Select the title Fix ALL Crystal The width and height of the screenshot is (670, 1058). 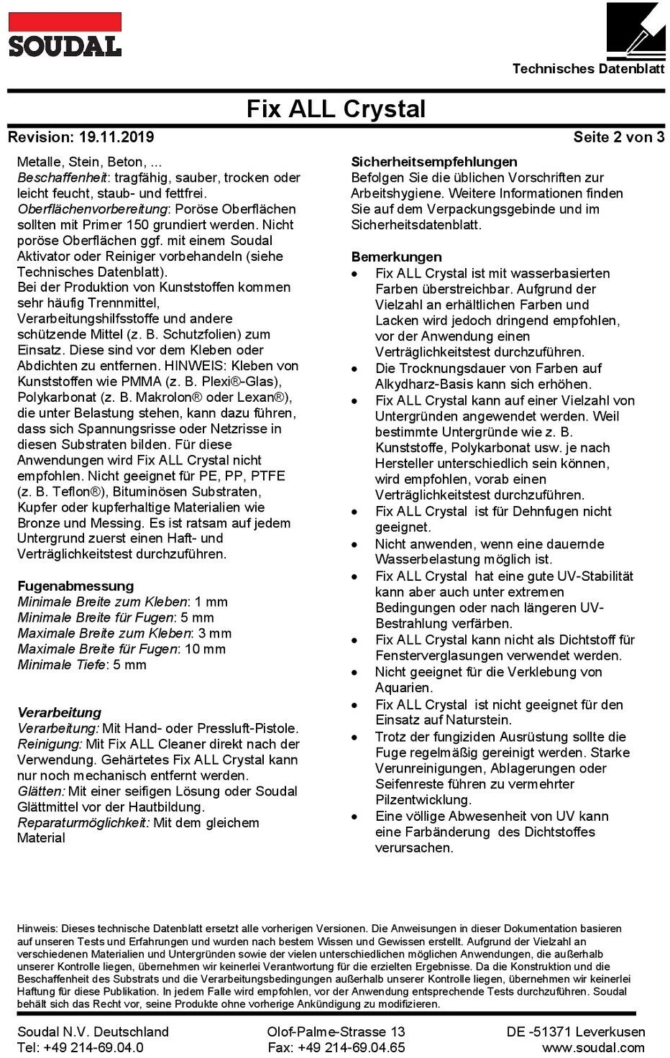coord(336,109)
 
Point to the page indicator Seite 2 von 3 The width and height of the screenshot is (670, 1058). coord(618,137)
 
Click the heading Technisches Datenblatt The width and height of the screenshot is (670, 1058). coord(588,69)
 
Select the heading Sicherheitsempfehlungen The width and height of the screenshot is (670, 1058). coord(433,162)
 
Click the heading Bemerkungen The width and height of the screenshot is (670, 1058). coord(396,257)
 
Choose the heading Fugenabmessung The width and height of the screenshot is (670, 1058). coord(75,586)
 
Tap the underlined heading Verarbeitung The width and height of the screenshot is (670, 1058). coord(60,712)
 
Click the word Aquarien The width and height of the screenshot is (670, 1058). coord(403,688)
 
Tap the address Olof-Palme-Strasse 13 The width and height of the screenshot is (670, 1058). coord(336,1031)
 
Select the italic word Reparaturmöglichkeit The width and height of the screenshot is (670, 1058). coord(83,822)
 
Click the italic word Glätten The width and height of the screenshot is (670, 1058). coord(40,791)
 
